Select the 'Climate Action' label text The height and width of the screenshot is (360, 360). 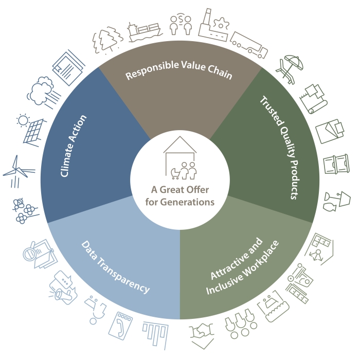[74, 146]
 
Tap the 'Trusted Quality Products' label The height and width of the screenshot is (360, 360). [280, 147]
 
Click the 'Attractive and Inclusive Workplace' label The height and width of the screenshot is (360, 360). [242, 266]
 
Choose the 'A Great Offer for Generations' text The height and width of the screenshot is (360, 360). [180, 196]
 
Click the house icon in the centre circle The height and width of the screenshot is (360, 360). [180, 158]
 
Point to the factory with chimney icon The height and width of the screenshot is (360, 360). [213, 25]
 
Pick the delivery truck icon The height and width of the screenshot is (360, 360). [249, 45]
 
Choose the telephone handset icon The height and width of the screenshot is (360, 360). [120, 325]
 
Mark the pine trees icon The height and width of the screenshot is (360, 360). [107, 40]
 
